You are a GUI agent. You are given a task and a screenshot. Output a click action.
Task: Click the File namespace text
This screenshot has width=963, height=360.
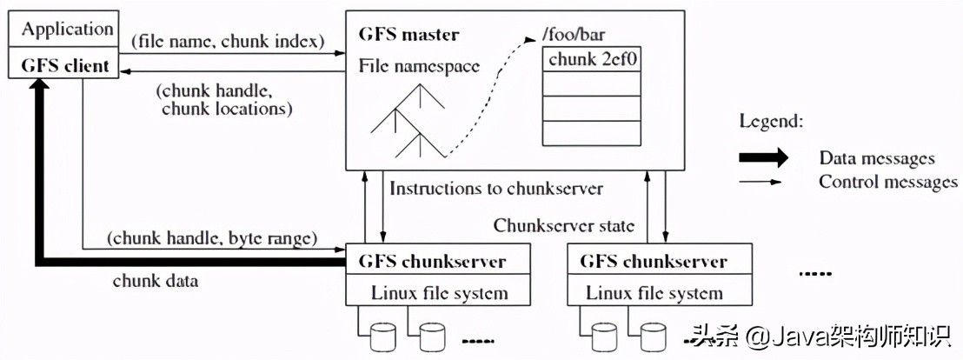(x=419, y=65)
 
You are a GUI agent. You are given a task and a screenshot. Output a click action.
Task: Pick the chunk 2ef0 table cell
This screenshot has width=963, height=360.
(x=594, y=59)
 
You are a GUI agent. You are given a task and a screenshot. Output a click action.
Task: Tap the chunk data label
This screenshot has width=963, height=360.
(x=156, y=281)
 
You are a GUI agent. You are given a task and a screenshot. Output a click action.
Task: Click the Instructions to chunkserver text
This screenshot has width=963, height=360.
(x=496, y=188)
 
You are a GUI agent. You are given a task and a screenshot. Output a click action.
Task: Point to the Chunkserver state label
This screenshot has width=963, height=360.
(x=564, y=225)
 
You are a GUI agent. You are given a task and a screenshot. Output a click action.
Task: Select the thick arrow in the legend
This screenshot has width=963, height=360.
(x=762, y=157)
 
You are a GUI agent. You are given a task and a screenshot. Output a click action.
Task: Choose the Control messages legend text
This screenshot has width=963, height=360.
(x=887, y=182)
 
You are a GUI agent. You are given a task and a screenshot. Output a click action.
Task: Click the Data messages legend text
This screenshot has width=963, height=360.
(x=876, y=158)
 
